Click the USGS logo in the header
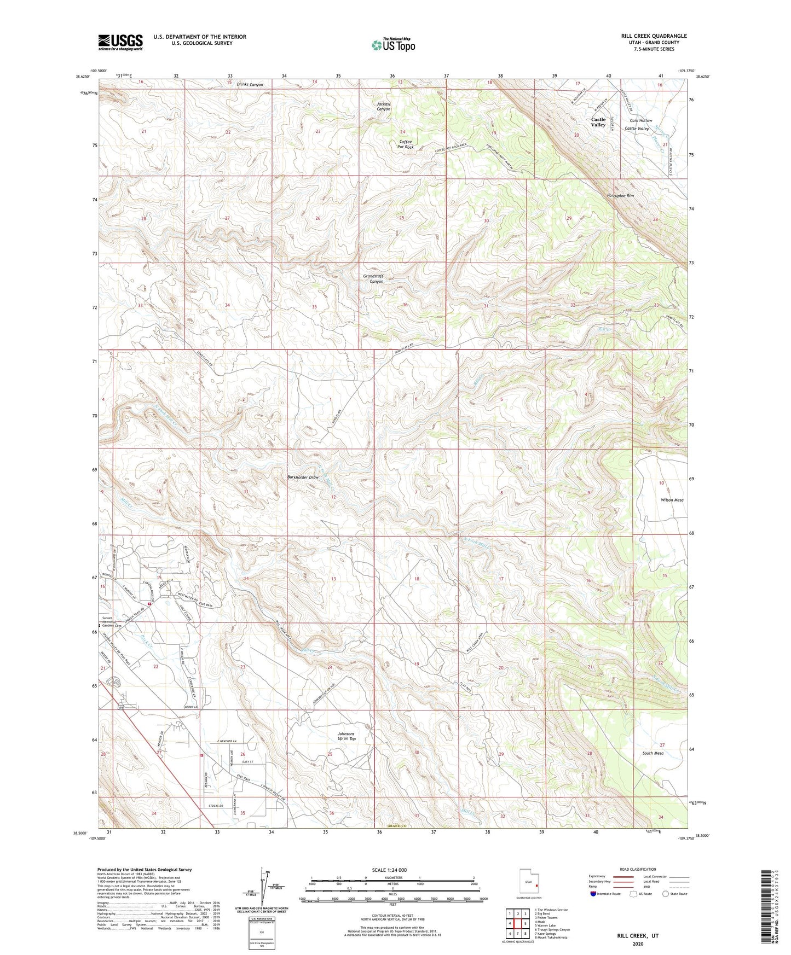120,42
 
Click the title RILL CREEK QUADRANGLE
654,36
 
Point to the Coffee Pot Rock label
405,144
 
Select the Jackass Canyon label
383,106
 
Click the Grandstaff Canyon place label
373,278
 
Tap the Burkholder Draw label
303,478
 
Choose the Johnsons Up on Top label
347,736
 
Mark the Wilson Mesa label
672,500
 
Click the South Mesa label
653,753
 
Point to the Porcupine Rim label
620,195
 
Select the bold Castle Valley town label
598,122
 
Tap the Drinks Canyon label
250,85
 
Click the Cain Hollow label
640,120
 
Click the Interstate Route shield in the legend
594,894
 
